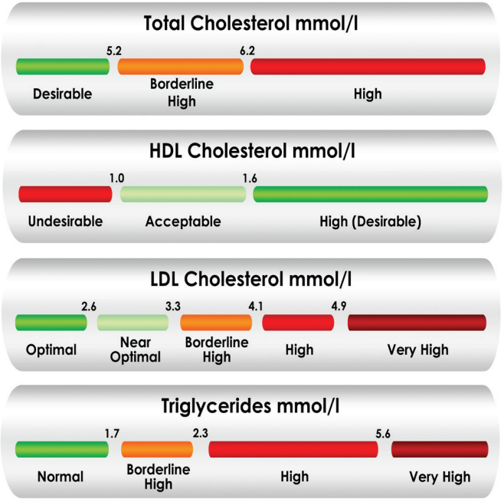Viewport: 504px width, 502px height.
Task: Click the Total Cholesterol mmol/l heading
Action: pos(252,25)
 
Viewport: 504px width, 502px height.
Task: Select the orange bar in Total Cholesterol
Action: pos(181,67)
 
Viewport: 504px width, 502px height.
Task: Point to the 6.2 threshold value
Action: pos(247,51)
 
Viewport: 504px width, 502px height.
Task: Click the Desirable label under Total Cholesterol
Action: pos(62,94)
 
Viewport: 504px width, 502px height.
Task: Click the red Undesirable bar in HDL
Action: pos(66,194)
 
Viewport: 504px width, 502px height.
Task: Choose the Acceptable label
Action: pos(183,221)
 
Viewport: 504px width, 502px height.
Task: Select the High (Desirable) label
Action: pos(371,221)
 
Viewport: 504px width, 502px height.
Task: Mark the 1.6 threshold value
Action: pos(250,178)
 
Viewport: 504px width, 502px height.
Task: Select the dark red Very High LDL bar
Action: pos(417,323)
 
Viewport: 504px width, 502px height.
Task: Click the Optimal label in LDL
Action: pos(51,349)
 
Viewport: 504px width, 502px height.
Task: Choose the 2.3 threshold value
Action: pos(201,433)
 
